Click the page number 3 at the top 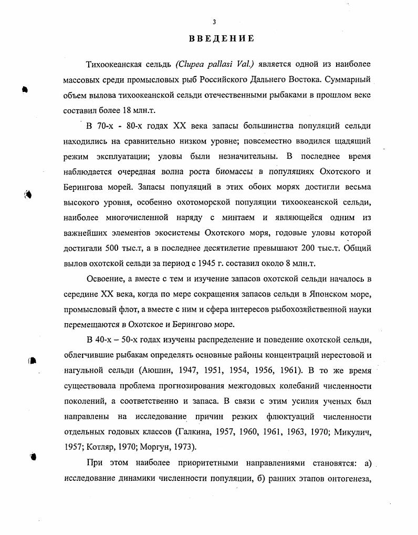coord(214,22)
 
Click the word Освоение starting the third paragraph coord(106,279)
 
